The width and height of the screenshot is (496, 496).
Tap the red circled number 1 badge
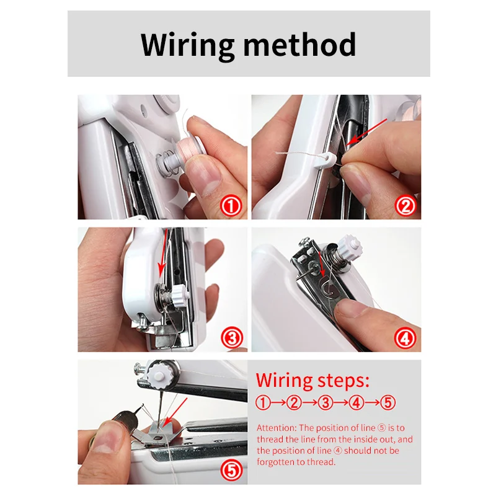pyautogui.click(x=231, y=205)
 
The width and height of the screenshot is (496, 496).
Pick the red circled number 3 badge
pyautogui.click(x=231, y=338)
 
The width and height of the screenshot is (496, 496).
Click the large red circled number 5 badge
pyautogui.click(x=231, y=471)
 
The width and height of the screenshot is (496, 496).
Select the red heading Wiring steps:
pyautogui.click(x=312, y=379)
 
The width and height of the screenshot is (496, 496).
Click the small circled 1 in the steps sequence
pyautogui.click(x=263, y=402)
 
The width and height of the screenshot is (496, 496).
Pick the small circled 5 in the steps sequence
pyautogui.click(x=388, y=402)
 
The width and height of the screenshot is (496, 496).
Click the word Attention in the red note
pyautogui.click(x=277, y=428)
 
